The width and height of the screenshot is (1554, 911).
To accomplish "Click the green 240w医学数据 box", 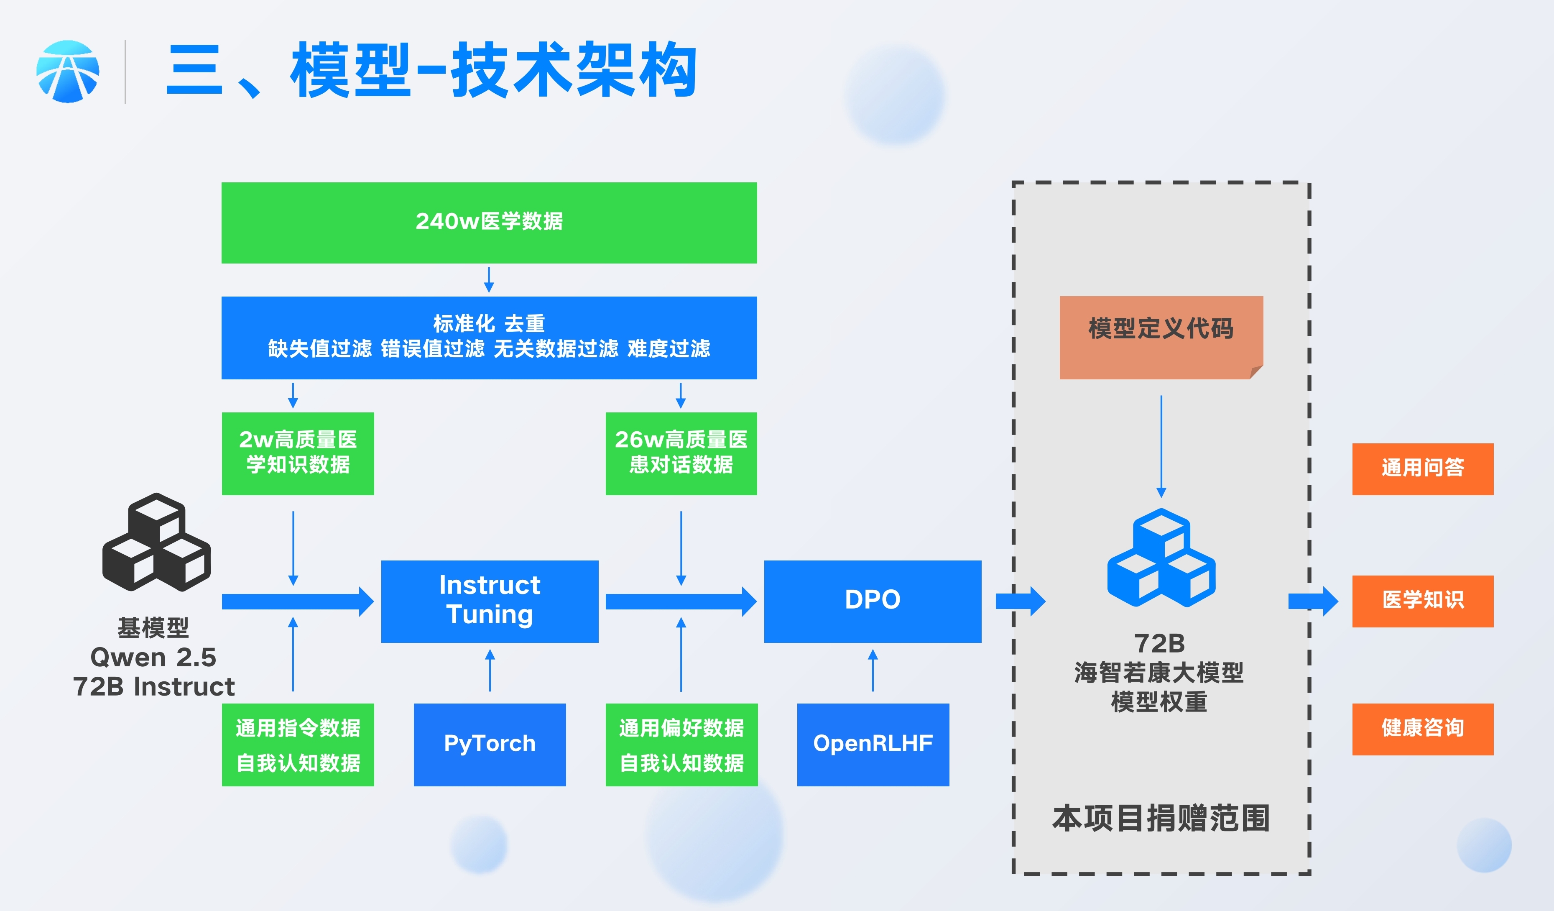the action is (489, 223).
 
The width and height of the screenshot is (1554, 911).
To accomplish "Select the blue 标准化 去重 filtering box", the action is (489, 338).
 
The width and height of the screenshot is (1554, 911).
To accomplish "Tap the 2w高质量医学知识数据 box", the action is (298, 453).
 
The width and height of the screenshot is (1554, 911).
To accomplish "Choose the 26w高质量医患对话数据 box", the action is (681, 453).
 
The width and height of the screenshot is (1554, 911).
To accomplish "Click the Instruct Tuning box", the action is (490, 601).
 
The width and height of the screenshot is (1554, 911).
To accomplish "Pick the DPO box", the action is (873, 601).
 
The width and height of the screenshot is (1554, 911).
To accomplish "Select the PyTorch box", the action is (490, 745).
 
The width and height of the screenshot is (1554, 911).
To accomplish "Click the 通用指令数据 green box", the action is (298, 745).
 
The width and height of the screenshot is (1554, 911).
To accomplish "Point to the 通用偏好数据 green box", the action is (681, 745).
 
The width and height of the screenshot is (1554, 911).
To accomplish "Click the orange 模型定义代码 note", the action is (1161, 338).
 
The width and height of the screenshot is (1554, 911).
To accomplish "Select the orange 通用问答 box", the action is (1423, 469).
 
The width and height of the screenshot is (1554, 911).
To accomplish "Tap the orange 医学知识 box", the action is (1423, 601).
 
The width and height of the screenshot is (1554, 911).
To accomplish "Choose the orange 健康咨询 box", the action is (1423, 729).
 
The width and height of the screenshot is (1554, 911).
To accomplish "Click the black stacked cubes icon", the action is (157, 542).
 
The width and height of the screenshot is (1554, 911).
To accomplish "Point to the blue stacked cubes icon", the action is (1161, 558).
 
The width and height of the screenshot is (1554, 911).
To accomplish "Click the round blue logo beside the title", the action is (68, 72).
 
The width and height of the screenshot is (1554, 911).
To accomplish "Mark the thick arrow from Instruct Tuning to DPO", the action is (681, 601).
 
